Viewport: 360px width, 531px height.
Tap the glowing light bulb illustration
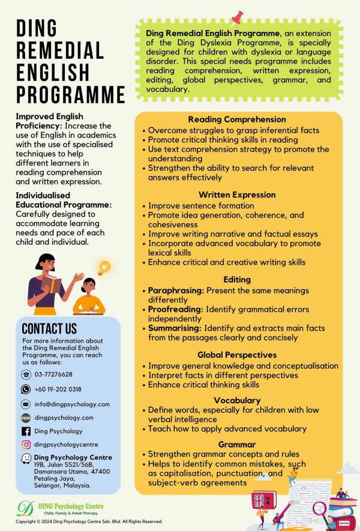105,267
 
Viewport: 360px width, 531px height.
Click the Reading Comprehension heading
237,119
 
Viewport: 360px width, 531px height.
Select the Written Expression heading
237,194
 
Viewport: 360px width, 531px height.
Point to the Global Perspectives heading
237,355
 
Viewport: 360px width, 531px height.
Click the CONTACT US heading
49,329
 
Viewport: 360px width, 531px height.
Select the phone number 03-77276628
53,374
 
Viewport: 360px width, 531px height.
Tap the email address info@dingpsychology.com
72,404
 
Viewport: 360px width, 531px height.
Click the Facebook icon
26,431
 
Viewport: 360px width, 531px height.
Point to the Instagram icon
26,445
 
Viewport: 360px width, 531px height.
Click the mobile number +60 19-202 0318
58,389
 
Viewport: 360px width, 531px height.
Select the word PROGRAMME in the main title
70,94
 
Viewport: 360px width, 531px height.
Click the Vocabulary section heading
237,400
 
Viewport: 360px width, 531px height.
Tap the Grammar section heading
237,445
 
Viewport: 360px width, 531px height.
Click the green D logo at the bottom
26,509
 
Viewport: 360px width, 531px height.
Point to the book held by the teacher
53,283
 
